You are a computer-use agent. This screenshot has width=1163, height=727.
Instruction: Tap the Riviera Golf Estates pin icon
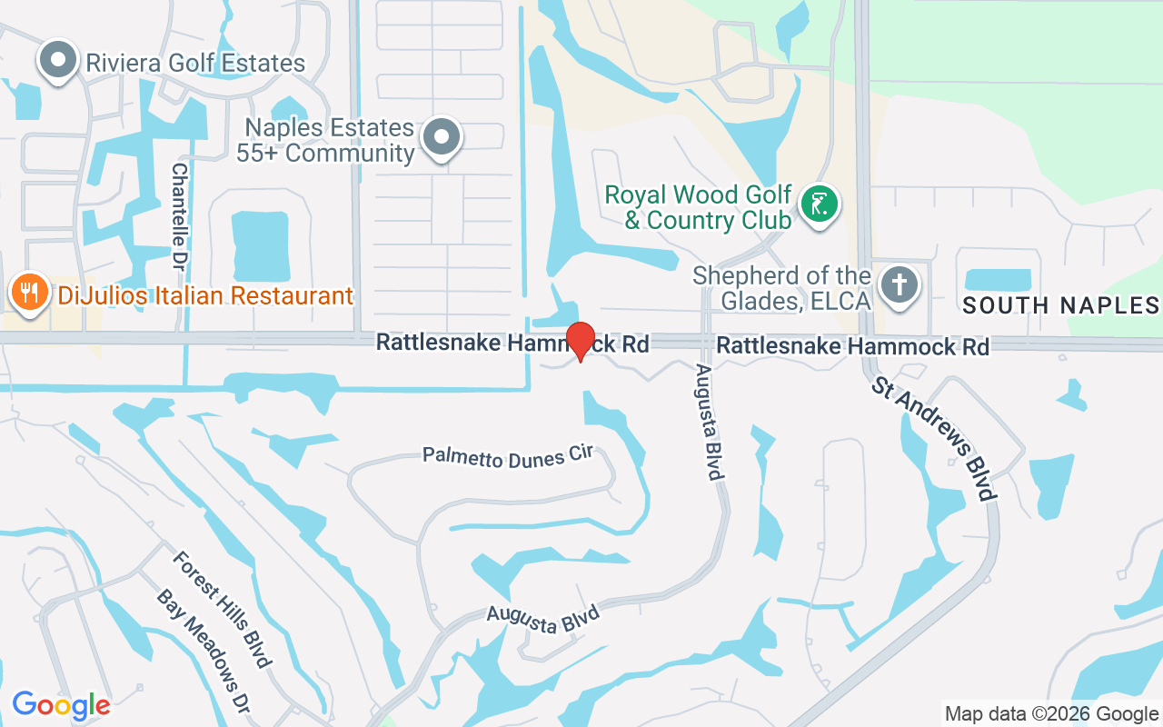(59, 60)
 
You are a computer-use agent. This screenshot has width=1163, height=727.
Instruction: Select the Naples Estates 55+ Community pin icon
(442, 137)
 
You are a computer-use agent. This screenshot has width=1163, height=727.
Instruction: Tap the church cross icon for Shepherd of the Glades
(900, 284)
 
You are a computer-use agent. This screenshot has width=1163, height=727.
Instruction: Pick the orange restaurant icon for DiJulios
(29, 292)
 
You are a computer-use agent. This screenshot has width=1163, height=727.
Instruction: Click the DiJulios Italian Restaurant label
(204, 295)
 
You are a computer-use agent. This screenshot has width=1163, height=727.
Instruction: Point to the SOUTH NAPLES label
(1060, 304)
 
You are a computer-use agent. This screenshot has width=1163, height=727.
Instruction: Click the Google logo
(61, 704)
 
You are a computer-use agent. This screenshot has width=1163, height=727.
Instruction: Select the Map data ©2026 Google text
(1051, 714)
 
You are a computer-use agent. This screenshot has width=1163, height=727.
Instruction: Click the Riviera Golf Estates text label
(195, 64)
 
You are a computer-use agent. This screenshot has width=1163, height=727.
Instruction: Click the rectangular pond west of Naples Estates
(260, 246)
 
